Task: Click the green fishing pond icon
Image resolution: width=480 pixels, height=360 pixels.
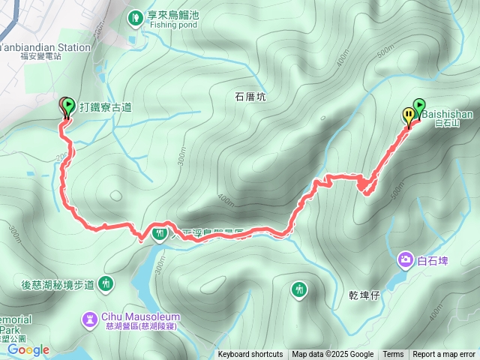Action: click(136, 16)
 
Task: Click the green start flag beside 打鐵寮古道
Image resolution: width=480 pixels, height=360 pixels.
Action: click(68, 106)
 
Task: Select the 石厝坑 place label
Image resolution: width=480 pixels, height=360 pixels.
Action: click(250, 97)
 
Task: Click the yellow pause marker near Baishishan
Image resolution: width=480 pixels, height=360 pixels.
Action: click(409, 115)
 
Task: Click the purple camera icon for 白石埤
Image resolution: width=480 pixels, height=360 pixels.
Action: click(406, 259)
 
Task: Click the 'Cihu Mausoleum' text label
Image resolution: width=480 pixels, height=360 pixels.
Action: click(140, 316)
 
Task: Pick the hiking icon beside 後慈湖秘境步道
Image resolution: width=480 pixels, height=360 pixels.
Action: click(106, 283)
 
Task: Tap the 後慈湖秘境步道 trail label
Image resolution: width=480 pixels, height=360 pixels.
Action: click(58, 284)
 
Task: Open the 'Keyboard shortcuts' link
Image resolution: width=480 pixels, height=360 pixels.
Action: click(250, 355)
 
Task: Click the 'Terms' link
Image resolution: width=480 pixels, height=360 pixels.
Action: click(393, 355)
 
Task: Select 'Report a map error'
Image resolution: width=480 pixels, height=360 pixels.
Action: click(445, 355)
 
